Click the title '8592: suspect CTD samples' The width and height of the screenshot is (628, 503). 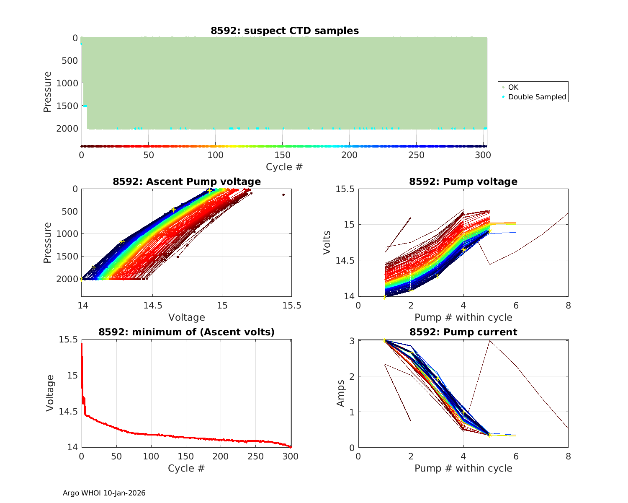285,31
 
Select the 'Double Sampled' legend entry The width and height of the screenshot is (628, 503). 537,97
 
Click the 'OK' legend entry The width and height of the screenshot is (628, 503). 513,87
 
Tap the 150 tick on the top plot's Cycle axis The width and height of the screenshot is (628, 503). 283,155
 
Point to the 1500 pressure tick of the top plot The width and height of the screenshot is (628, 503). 67,106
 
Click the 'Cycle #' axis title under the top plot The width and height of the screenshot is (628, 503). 284,167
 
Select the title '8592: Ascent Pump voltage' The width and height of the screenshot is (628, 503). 187,181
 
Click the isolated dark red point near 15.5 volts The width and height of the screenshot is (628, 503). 283,194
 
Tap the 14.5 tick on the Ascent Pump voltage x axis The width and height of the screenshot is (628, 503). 152,305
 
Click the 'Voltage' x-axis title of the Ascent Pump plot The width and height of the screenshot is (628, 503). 187,317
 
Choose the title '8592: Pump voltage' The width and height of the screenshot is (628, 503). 463,181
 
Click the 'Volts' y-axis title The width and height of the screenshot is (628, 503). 327,242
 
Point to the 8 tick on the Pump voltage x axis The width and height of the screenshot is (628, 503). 568,305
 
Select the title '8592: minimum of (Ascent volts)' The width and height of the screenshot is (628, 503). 187,332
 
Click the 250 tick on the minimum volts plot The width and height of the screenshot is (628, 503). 256,456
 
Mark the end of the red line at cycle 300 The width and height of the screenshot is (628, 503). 291,447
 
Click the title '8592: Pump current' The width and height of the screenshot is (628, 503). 463,332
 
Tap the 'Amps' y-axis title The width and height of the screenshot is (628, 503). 341,393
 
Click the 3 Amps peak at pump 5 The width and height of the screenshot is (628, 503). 489,341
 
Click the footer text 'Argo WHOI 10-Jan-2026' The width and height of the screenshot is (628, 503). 104,493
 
